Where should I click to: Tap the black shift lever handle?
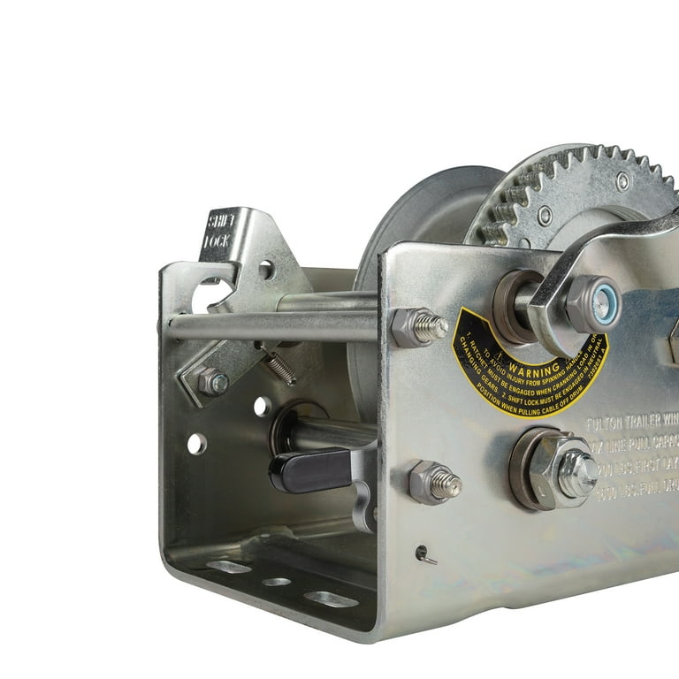[305, 469]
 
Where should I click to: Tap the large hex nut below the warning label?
[553, 468]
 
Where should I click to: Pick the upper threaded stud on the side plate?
[419, 327]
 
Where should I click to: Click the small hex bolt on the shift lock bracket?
[211, 382]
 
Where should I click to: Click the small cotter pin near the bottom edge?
[425, 554]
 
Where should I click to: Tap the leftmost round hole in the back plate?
[196, 444]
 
